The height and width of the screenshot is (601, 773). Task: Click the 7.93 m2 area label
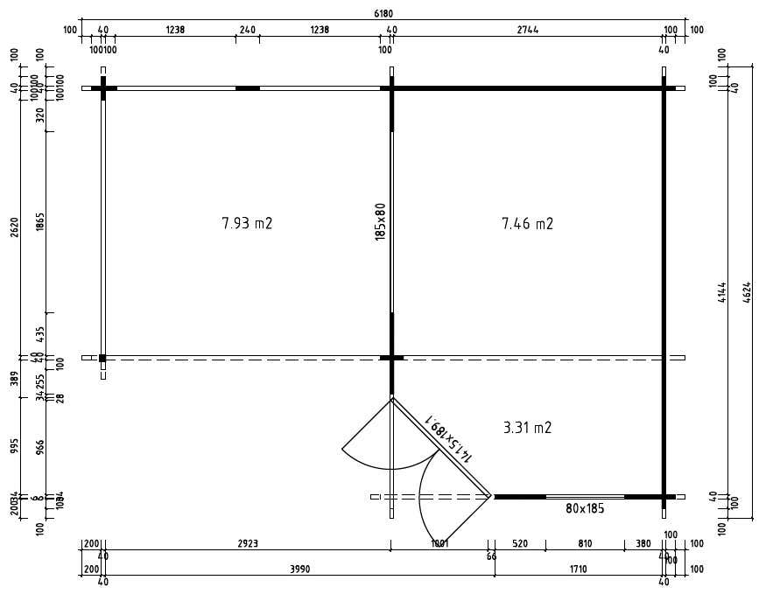[247, 223]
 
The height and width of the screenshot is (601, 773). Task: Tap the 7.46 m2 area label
[527, 224]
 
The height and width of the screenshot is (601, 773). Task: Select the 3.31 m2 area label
[527, 428]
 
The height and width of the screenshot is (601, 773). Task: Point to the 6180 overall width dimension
[383, 13]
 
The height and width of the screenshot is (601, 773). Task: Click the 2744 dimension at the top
[527, 30]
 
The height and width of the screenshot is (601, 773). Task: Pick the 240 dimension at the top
[247, 30]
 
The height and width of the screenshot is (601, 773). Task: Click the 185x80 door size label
[380, 221]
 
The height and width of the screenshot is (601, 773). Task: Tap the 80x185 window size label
[585, 508]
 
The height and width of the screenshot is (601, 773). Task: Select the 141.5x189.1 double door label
[449, 437]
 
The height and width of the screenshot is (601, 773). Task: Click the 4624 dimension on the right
[747, 291]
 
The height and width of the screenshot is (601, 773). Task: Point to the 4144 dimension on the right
[722, 291]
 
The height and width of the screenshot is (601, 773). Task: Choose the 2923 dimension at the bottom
[248, 544]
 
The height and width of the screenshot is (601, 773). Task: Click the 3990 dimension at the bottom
[299, 570]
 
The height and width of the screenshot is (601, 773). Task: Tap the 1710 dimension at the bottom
[578, 570]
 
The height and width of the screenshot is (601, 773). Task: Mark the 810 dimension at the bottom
[585, 544]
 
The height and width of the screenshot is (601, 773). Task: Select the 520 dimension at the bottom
[520, 544]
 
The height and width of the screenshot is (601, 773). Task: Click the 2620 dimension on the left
[14, 227]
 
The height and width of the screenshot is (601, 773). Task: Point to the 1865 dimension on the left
[40, 222]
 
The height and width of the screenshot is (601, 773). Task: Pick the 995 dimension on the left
[14, 446]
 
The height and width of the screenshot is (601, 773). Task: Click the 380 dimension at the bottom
[643, 544]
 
